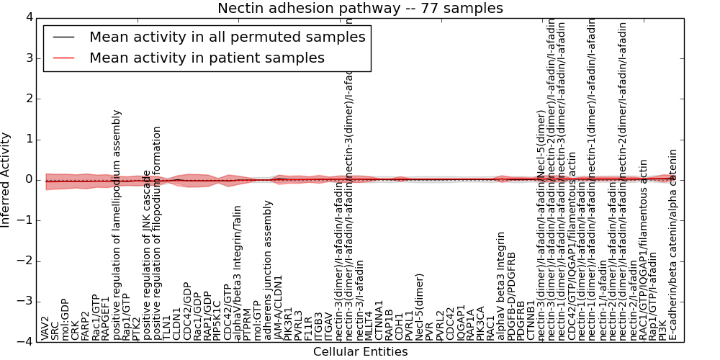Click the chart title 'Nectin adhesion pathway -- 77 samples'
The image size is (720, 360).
(x=360, y=8)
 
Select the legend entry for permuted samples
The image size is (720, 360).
(x=227, y=37)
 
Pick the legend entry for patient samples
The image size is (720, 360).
(x=207, y=58)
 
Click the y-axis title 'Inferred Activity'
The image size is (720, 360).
(x=6, y=179)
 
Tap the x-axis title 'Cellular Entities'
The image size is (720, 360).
(x=360, y=352)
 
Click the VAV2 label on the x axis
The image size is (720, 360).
(x=45, y=328)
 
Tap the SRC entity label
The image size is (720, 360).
(x=55, y=330)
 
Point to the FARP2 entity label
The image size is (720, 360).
(x=86, y=325)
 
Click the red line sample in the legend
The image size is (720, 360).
(x=64, y=58)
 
